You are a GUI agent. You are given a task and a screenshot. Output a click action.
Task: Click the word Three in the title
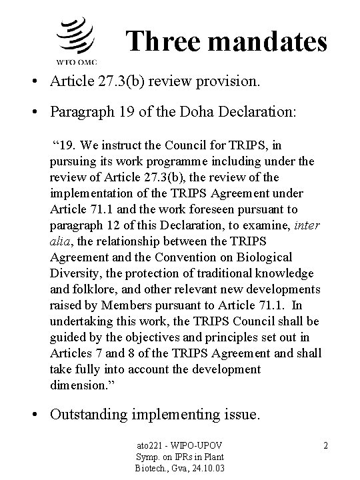click(161, 41)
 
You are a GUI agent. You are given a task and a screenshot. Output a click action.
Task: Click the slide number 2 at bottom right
click(325, 443)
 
